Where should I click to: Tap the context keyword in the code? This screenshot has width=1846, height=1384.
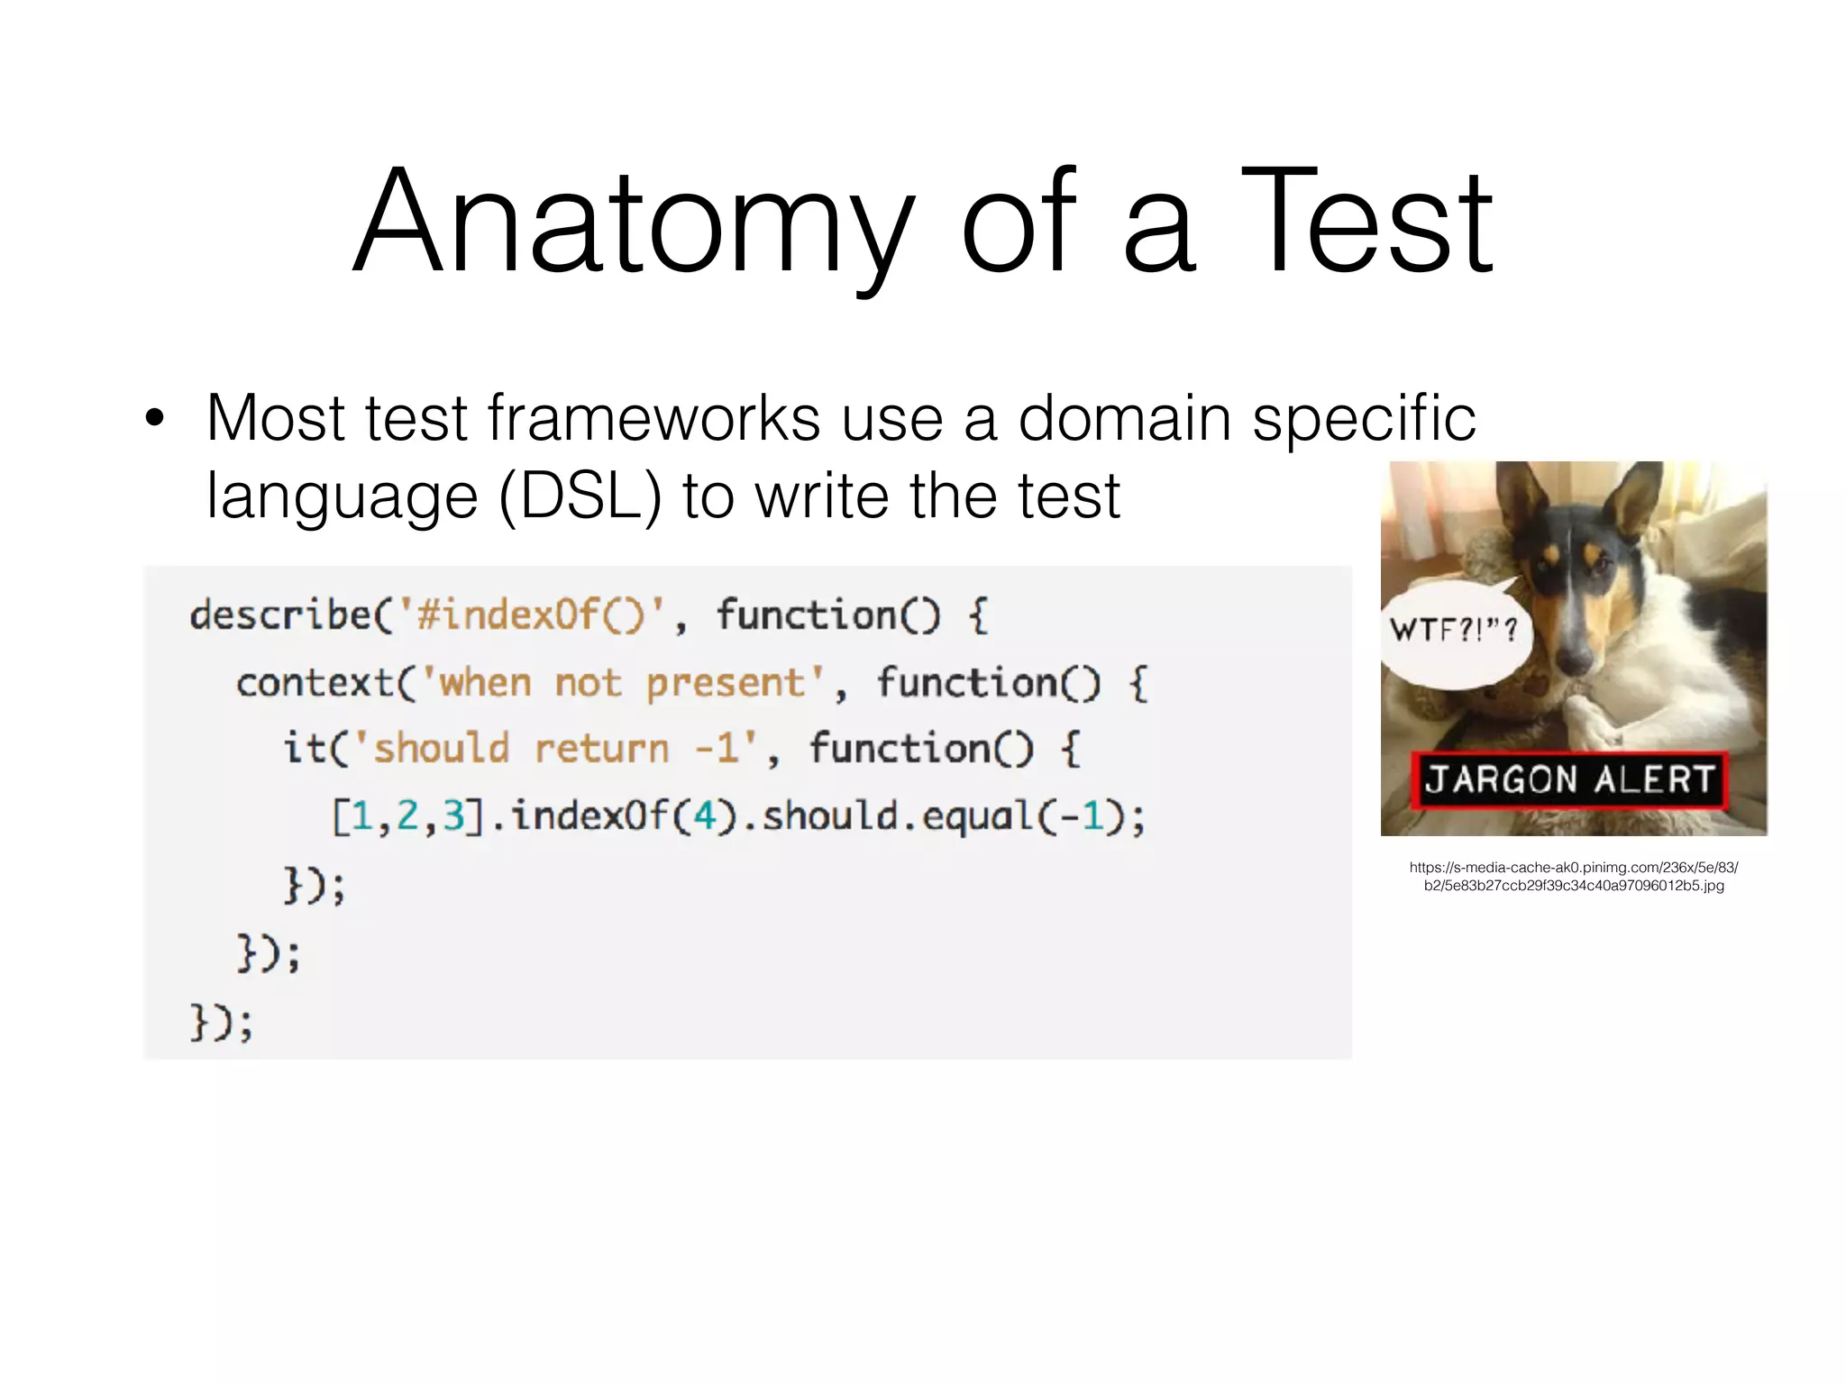315,683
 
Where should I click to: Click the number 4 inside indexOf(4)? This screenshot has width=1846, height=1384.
704,816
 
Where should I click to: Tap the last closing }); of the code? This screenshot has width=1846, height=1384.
222,1023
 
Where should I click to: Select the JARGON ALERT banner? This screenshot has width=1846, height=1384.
1569,779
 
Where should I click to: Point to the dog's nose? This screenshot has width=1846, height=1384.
1574,659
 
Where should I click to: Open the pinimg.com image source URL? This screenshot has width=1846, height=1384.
1574,876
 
